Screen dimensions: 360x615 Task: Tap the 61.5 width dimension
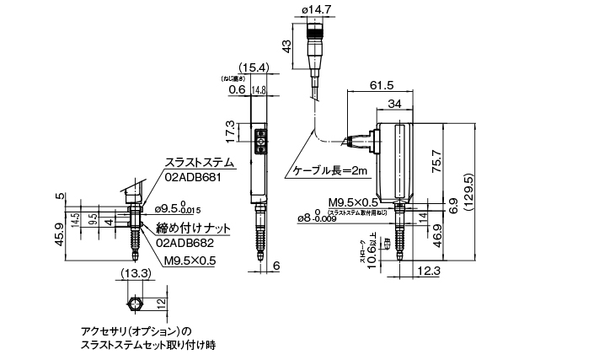click(x=382, y=83)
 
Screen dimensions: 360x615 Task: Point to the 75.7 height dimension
click(x=459, y=161)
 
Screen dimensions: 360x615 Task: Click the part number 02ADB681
click(x=192, y=177)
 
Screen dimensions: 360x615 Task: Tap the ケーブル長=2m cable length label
click(x=330, y=171)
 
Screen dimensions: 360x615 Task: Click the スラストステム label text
click(x=198, y=163)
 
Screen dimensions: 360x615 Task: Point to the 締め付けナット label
click(x=194, y=227)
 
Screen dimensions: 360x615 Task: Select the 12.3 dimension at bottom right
click(x=427, y=270)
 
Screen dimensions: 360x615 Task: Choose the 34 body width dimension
click(x=394, y=105)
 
